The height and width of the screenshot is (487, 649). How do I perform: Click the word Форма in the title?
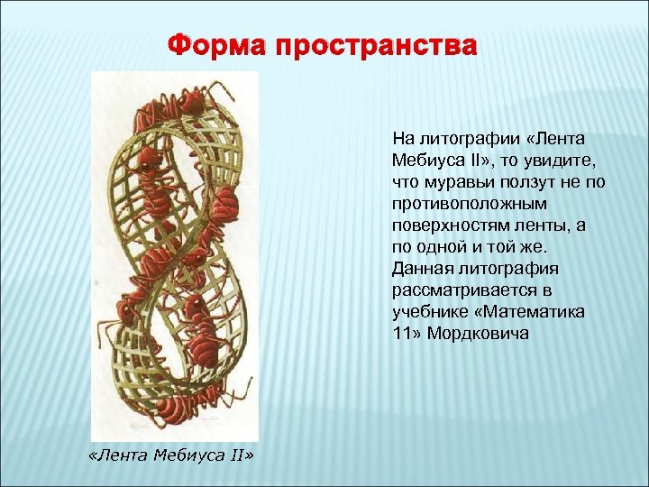pyautogui.click(x=221, y=46)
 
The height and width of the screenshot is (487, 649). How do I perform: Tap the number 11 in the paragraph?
pyautogui.click(x=401, y=334)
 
